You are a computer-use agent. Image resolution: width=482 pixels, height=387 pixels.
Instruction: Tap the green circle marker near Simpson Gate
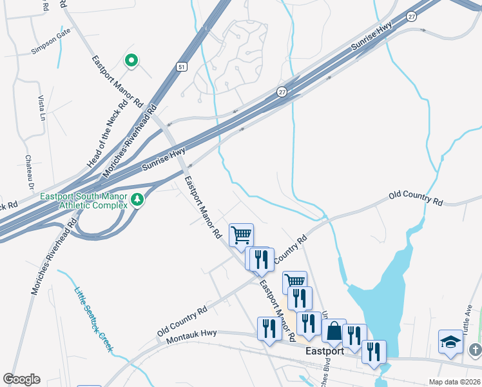coord(131,61)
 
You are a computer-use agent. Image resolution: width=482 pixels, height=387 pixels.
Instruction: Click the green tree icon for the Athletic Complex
coord(136,200)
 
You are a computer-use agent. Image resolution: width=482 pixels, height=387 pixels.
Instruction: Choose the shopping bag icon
coord(334,332)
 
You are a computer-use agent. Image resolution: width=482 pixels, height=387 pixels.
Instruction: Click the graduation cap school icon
coord(450,342)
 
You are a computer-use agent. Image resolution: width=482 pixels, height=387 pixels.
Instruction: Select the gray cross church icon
coord(476,350)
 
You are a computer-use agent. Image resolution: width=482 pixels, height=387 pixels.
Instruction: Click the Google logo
coord(21,379)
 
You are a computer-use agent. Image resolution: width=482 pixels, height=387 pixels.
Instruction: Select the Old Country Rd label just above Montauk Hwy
coord(182,320)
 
